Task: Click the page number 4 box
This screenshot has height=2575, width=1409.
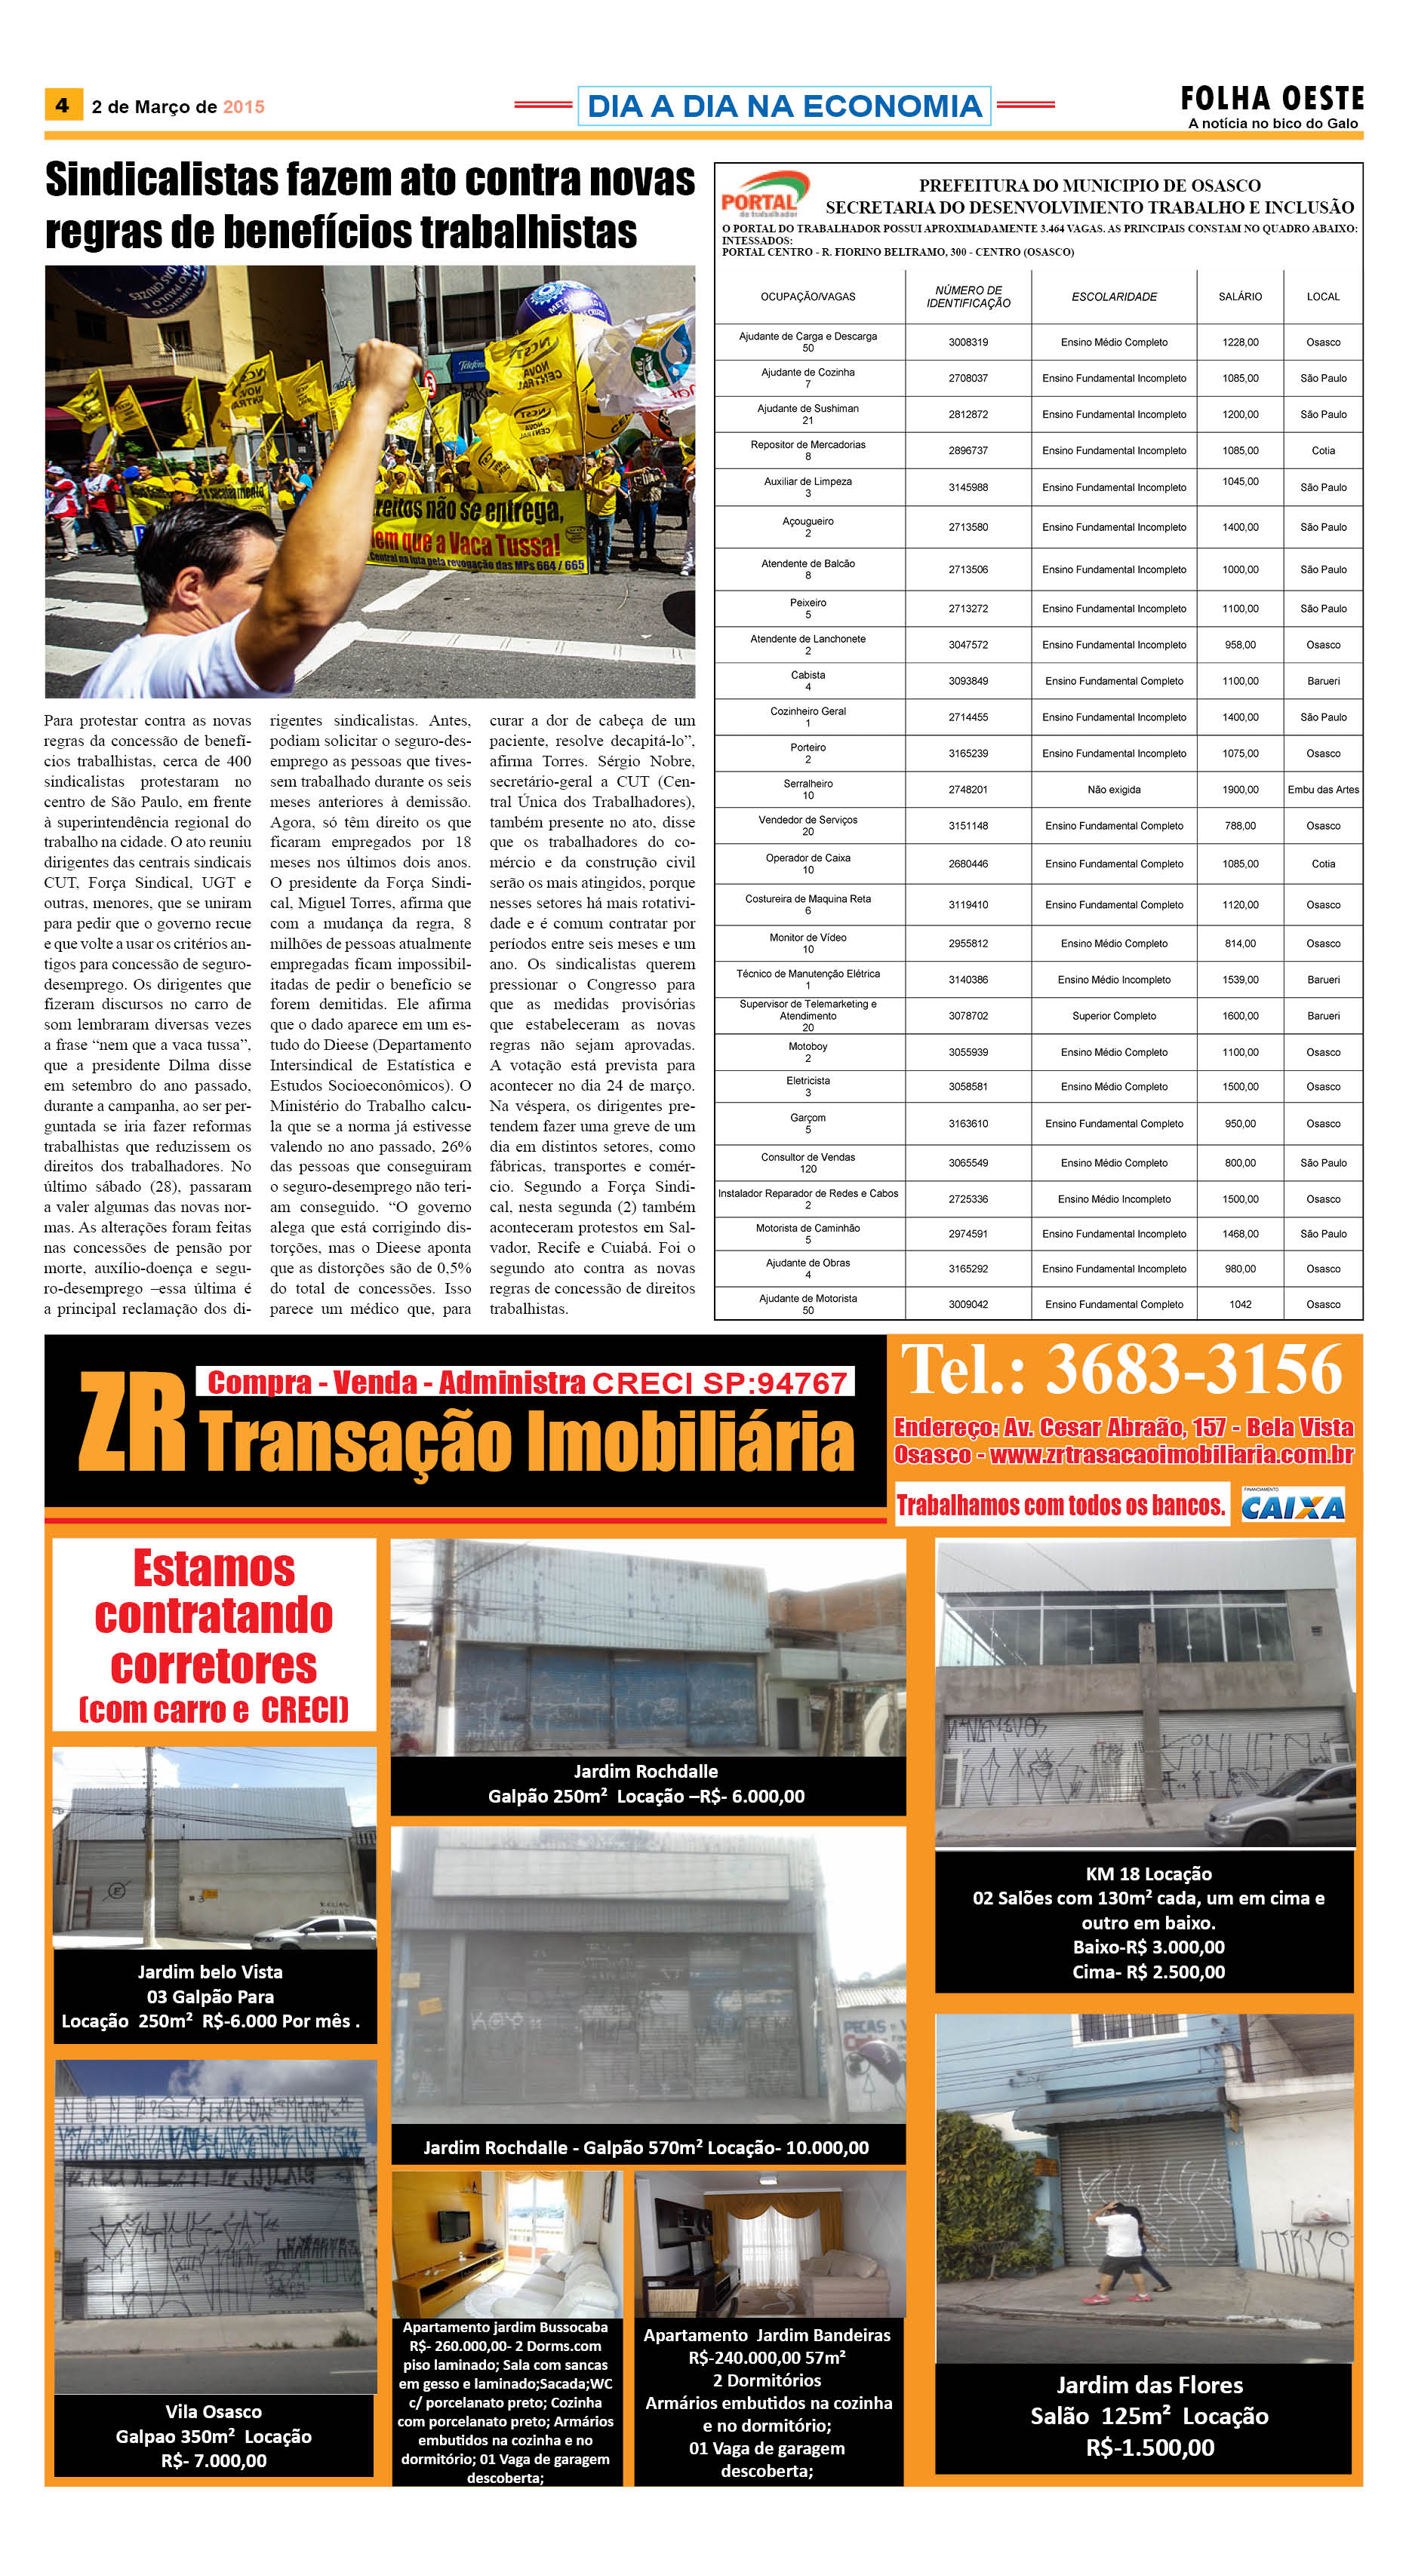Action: click(62, 105)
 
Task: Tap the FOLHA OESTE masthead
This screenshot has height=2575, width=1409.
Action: click(1272, 98)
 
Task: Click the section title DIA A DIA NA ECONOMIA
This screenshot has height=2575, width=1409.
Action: click(784, 106)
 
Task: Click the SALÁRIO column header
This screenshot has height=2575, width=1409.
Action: click(1240, 297)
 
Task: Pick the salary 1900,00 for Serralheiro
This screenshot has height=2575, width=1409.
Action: click(1240, 790)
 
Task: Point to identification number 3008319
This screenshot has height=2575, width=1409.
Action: click(968, 342)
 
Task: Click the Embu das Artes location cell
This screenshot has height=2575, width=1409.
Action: click(1323, 790)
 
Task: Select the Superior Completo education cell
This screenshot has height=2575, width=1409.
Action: click(1114, 1016)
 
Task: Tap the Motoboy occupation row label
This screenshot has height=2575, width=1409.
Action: click(808, 1051)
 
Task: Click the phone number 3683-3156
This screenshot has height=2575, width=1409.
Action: click(1194, 1370)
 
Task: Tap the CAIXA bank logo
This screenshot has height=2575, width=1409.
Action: click(1293, 1506)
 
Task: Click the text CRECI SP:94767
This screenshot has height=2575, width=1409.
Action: click(720, 1383)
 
